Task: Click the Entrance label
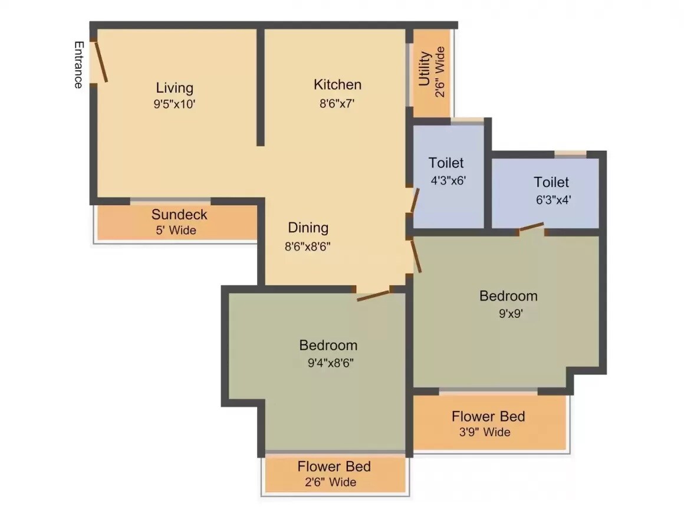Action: (78, 65)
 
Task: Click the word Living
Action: (175, 88)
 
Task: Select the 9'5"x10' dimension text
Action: (175, 104)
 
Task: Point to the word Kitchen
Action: (337, 84)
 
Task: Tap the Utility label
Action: (425, 69)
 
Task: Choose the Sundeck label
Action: (179, 214)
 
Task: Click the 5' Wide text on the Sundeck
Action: (176, 230)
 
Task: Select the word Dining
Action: (308, 228)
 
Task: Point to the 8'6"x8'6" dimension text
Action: (307, 247)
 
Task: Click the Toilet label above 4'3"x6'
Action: (446, 162)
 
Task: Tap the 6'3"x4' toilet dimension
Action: (553, 199)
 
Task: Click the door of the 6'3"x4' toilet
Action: (531, 227)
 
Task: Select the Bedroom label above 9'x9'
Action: (508, 295)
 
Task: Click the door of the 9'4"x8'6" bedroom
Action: (374, 294)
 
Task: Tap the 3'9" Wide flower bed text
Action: (485, 432)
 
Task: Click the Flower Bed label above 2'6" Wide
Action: (334, 466)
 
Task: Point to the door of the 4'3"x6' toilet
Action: (415, 201)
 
